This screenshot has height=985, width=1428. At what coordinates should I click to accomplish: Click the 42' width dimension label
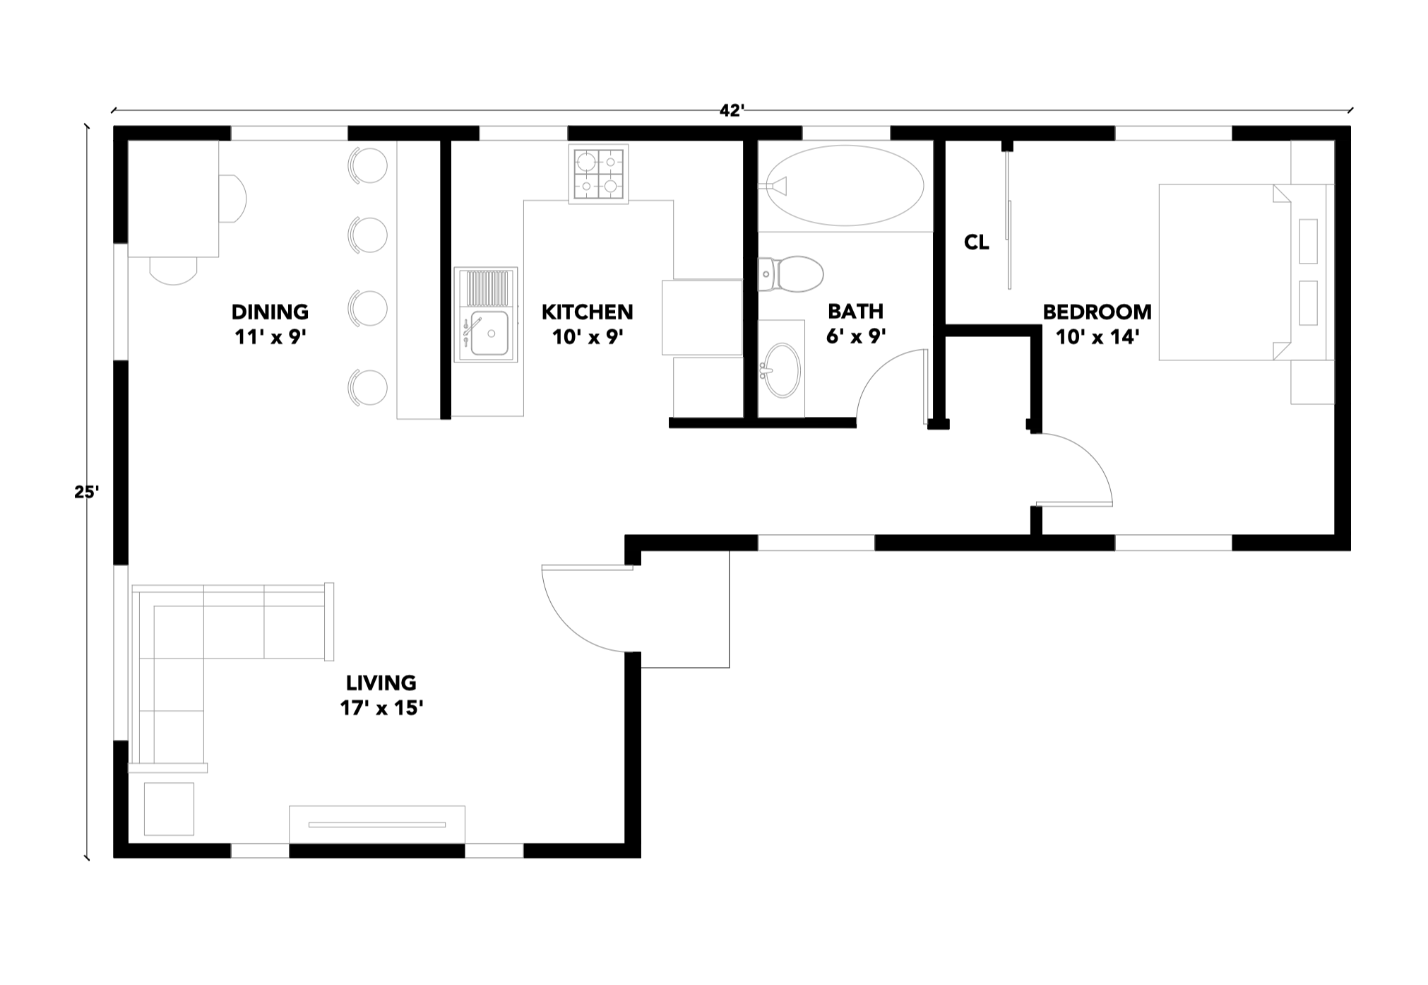732,111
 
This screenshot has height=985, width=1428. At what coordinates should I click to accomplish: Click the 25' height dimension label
85,492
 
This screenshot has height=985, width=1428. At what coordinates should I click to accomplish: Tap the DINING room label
270,312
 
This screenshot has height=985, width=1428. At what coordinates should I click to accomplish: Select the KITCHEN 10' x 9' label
587,324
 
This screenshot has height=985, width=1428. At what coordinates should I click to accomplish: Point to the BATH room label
855,312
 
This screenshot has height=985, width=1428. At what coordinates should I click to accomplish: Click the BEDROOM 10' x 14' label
1097,324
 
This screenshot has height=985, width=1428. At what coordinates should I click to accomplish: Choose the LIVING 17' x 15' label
381,695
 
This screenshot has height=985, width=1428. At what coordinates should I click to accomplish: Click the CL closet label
976,243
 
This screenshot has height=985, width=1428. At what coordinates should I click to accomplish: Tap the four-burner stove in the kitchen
598,175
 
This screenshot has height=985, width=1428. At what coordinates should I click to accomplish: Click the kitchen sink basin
489,332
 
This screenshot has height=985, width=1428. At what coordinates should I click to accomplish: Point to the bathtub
845,186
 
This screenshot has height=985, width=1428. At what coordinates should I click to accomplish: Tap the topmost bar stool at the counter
369,165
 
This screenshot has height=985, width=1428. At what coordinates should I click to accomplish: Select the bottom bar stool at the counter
369,387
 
